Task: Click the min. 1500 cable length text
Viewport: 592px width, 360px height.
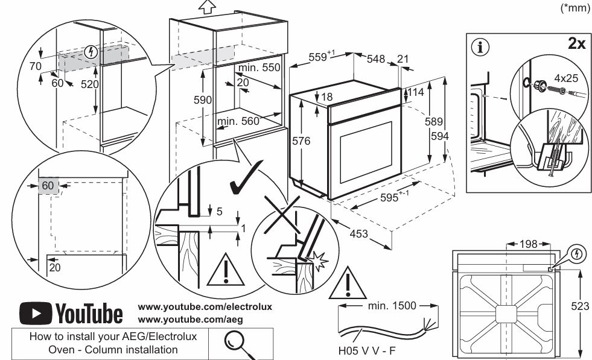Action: tap(391, 305)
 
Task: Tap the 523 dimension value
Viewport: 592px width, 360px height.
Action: tap(581, 306)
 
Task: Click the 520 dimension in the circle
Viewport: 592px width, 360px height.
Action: tap(89, 84)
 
